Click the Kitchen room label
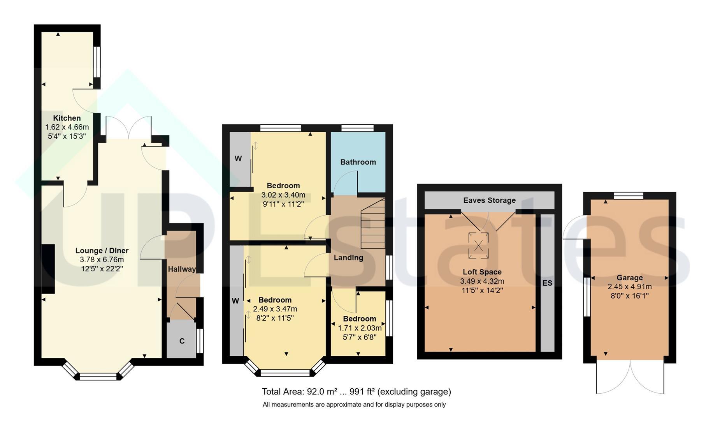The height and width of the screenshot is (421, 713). point(67,118)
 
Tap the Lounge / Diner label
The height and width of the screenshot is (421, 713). point(102,251)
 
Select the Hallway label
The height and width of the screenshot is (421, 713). point(182,269)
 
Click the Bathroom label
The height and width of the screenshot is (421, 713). point(358,162)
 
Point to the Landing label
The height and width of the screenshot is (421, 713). point(348,258)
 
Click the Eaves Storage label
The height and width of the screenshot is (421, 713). point(489,200)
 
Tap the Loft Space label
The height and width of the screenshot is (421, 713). point(482,272)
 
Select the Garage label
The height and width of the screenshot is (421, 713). point(629,278)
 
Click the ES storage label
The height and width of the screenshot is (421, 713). point(547,283)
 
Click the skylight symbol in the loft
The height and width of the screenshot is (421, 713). point(478,245)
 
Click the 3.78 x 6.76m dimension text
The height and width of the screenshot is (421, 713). point(102,260)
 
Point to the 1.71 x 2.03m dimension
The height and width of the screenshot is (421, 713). point(360,328)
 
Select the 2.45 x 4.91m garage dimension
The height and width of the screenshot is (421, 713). point(629,287)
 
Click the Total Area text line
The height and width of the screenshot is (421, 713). point(356,391)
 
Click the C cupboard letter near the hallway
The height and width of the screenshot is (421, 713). point(182,341)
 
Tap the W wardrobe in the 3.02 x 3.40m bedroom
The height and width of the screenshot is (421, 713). point(238,159)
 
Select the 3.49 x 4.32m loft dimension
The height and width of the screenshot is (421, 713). point(482,281)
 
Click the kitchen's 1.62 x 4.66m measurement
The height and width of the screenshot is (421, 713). point(67,127)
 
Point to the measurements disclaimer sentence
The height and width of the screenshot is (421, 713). point(354,405)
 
